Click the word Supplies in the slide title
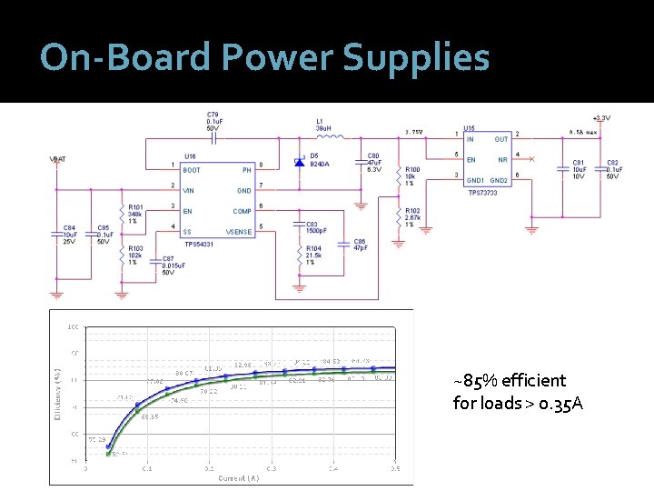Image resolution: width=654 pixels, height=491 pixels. click(x=416, y=58)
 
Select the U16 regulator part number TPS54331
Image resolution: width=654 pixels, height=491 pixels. click(x=199, y=244)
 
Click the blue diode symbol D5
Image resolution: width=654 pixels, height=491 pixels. click(x=299, y=161)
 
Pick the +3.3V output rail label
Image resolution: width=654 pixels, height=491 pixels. click(x=600, y=118)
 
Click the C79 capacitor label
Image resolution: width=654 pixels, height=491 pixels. click(x=213, y=113)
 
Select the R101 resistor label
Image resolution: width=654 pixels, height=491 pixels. click(x=136, y=207)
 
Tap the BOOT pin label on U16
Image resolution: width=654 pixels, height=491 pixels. click(x=193, y=170)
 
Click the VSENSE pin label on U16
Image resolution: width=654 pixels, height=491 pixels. click(x=240, y=232)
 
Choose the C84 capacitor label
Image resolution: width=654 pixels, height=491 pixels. click(x=70, y=227)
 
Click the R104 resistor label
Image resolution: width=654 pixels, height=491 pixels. click(x=313, y=248)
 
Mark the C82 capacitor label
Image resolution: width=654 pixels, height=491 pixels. click(x=613, y=162)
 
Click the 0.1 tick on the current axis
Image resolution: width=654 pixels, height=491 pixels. click(x=147, y=469)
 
